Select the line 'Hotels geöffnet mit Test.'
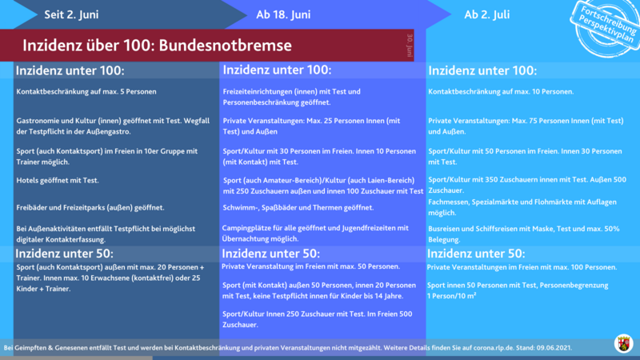click(58, 180)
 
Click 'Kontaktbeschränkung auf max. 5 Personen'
click(86, 91)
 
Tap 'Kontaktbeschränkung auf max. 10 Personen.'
click(501, 91)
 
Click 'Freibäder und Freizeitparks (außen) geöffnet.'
click(90, 207)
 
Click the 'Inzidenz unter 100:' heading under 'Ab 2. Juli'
click(482, 70)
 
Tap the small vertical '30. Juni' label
click(410, 45)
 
